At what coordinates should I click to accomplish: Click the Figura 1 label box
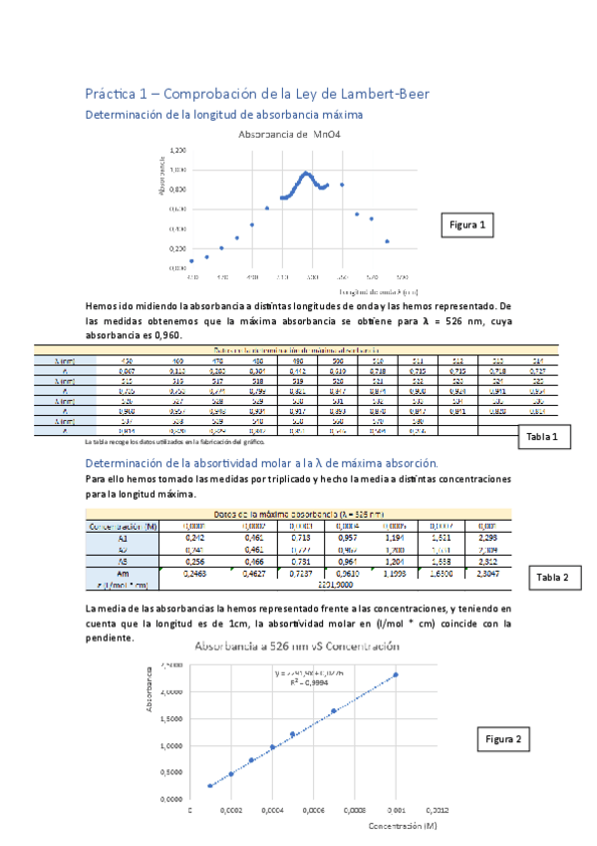[467, 226]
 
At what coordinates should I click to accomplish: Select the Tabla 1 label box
[546, 437]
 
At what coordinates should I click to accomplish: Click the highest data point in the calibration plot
[396, 674]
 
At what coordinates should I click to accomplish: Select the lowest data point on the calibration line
[210, 785]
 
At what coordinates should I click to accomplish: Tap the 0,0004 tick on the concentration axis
[272, 810]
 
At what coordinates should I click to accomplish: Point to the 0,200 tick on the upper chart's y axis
[176, 248]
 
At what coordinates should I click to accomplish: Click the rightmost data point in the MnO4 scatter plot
[387, 241]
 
